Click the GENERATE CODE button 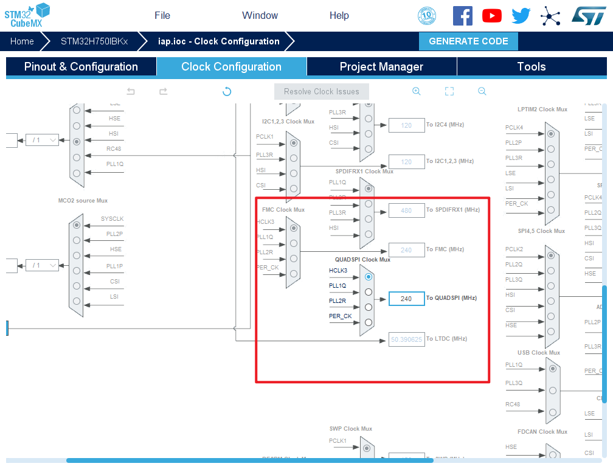(468, 41)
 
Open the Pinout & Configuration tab (81, 67)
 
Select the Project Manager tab (381, 67)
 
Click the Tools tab (531, 67)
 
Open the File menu (162, 15)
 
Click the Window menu (260, 15)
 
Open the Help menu (339, 15)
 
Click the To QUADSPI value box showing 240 (407, 299)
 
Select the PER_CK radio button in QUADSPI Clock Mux (369, 322)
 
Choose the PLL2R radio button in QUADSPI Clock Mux (369, 307)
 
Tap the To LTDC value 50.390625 (407, 339)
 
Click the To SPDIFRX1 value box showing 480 (407, 211)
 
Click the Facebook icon (463, 16)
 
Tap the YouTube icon (492, 16)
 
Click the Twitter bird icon (521, 16)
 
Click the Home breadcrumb (22, 41)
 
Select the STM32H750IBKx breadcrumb (94, 41)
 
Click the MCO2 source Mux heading (83, 201)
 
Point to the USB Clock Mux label (539, 353)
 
